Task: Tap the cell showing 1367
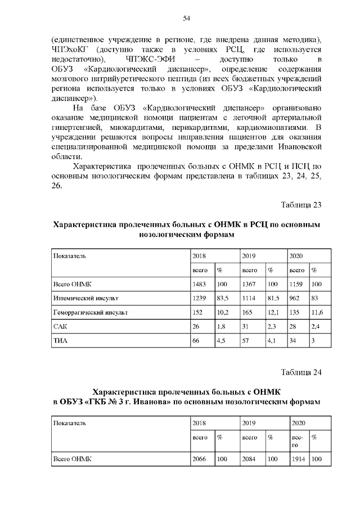(x=249, y=284)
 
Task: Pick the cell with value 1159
(x=296, y=284)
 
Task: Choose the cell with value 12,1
(x=273, y=312)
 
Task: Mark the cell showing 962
(x=295, y=298)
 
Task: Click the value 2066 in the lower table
(x=200, y=459)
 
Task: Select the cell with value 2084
(x=249, y=459)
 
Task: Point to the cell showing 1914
(x=298, y=459)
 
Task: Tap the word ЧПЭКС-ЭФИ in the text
(x=153, y=59)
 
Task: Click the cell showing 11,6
(x=318, y=312)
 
